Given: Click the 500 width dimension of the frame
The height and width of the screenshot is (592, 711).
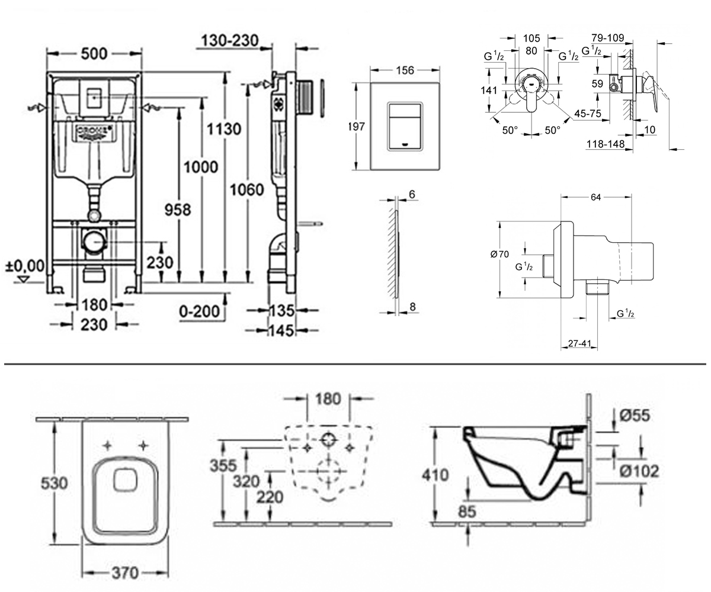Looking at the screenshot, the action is pyautogui.click(x=94, y=53).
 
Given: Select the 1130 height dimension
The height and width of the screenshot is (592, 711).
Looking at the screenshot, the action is pyautogui.click(x=224, y=129).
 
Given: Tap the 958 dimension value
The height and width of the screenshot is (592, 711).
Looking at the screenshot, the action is pyautogui.click(x=178, y=210).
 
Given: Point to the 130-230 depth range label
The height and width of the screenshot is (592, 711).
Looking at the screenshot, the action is pyautogui.click(x=230, y=40).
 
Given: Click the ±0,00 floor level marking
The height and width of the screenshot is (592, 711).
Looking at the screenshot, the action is pyautogui.click(x=25, y=266).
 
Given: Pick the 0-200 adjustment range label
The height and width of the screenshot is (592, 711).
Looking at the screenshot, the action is pyautogui.click(x=200, y=311).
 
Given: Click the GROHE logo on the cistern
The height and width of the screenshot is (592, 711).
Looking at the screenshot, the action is pyautogui.click(x=93, y=131).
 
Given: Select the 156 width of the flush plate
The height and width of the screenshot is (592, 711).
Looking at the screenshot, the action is pyautogui.click(x=405, y=70).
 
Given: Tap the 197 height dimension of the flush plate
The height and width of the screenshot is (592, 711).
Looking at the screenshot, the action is pyautogui.click(x=357, y=127).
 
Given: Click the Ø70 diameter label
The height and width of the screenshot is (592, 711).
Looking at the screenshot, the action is pyautogui.click(x=499, y=254).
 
